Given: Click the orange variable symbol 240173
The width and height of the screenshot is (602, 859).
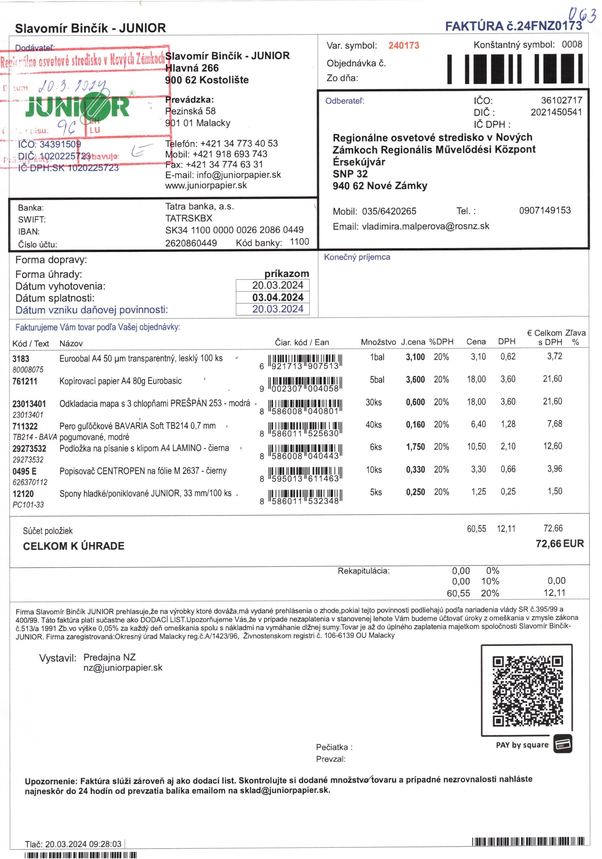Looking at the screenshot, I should coord(403,46).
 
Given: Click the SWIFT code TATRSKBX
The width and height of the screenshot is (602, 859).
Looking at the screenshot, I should coord(189,218).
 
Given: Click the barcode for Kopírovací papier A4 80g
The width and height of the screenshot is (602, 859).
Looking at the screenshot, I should coord(305,384).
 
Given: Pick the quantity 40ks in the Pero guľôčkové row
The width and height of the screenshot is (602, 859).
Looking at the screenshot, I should coord(373,425).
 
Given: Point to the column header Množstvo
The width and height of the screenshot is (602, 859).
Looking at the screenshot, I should coord(378,342).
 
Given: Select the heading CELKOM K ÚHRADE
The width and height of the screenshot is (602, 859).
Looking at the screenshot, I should coord(74,546).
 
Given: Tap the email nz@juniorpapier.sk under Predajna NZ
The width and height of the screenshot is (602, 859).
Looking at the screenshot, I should coord(123,668).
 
